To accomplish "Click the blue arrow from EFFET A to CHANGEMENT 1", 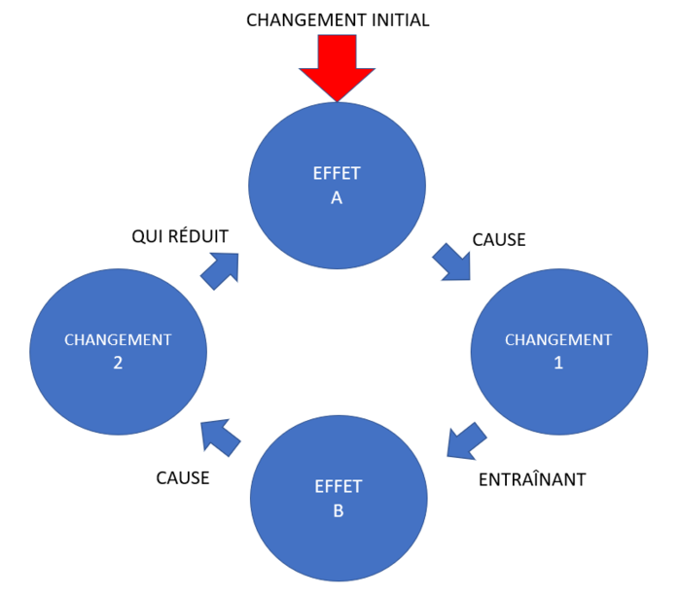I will pyautogui.click(x=449, y=262).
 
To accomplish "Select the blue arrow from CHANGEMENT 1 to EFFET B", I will pyautogui.click(x=465, y=440).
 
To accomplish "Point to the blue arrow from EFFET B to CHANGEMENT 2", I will pyautogui.click(x=221, y=438).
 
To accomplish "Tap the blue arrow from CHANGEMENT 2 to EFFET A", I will pyautogui.click(x=221, y=268).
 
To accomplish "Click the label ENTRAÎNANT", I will pyautogui.click(x=532, y=479).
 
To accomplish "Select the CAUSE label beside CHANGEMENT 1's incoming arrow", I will pyautogui.click(x=498, y=239).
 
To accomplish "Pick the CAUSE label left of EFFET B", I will pyautogui.click(x=183, y=478).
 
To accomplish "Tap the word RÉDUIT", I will pyautogui.click(x=201, y=237).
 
